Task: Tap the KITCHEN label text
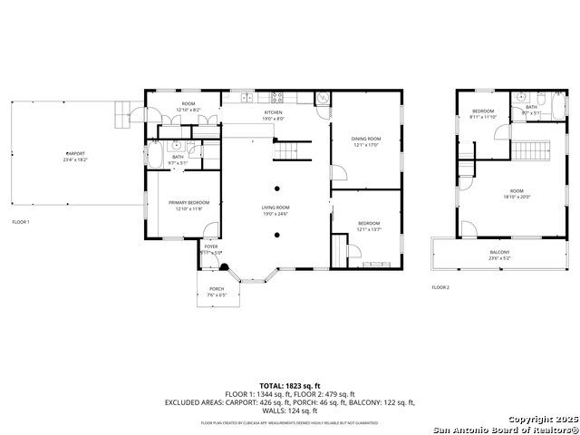[274, 112]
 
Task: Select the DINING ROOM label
[366, 138]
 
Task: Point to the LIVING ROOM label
[275, 208]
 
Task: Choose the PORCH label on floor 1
[217, 289]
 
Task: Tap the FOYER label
[211, 246]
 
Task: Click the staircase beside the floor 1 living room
[288, 150]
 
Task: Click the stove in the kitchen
[278, 95]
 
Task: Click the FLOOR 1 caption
[21, 222]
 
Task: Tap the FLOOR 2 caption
[440, 287]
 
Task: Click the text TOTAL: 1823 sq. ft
[289, 386]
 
